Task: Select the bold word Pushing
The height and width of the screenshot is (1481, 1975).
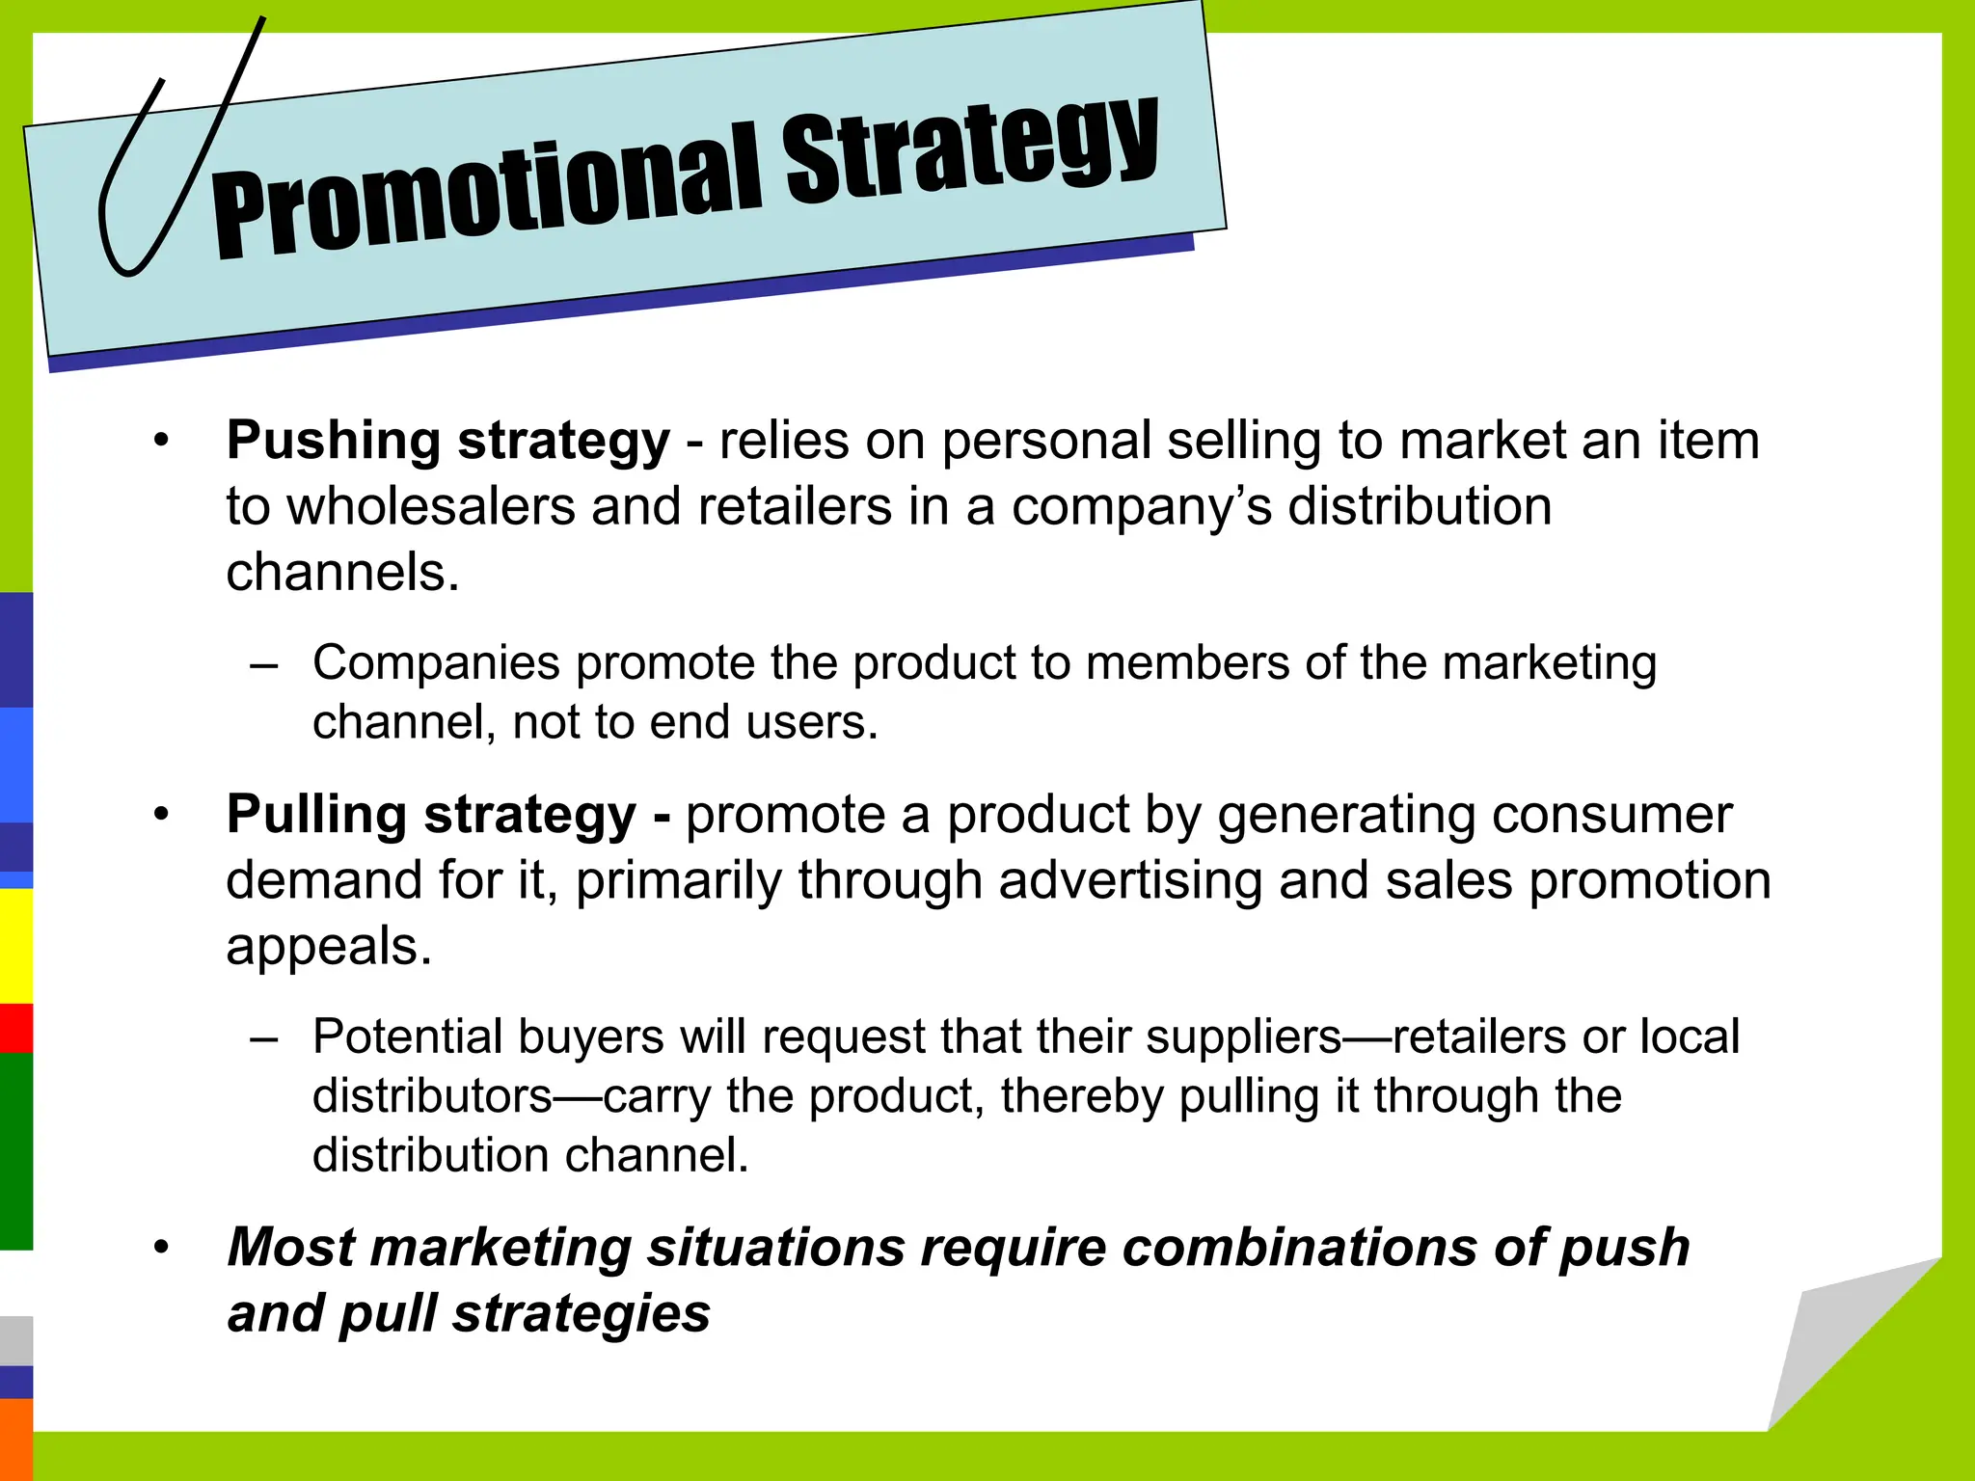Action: click(x=333, y=442)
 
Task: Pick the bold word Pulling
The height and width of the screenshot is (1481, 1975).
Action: click(x=316, y=815)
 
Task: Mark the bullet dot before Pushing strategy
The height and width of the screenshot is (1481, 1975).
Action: click(x=161, y=442)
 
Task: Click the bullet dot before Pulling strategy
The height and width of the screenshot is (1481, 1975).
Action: click(x=161, y=816)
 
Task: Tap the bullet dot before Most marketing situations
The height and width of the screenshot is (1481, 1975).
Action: click(x=161, y=1248)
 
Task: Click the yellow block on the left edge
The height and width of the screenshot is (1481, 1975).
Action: click(x=15, y=945)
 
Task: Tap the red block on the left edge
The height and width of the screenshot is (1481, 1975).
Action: click(x=15, y=1028)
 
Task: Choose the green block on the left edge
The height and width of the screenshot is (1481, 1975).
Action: click(x=15, y=1150)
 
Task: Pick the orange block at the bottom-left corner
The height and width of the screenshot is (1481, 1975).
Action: click(x=15, y=1439)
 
